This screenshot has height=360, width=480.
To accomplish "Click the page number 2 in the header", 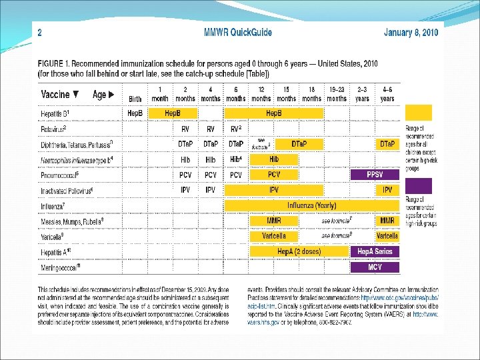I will pyautogui.click(x=40, y=31).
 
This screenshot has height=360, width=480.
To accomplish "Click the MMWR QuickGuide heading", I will pyautogui.click(x=237, y=31).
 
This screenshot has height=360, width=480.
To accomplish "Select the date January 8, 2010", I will pyautogui.click(x=411, y=32).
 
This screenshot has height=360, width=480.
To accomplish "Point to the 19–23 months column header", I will pyautogui.click(x=337, y=94).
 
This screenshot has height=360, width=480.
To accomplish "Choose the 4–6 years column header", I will pyautogui.click(x=387, y=94).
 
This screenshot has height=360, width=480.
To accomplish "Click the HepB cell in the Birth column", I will pyautogui.click(x=135, y=113).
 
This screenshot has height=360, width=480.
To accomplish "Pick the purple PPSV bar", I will pyautogui.click(x=375, y=175).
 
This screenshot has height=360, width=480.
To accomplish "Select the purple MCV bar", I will pyautogui.click(x=375, y=267).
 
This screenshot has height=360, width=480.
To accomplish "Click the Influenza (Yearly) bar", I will pyautogui.click(x=311, y=205).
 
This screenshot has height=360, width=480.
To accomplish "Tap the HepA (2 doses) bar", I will pyautogui.click(x=299, y=251).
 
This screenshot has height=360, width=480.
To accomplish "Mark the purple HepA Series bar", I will pyautogui.click(x=375, y=251).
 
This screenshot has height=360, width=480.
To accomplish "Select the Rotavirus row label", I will pyautogui.click(x=54, y=129).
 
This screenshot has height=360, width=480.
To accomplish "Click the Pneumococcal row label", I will pyautogui.click(x=60, y=175).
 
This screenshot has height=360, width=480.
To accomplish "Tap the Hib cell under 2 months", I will pyautogui.click(x=185, y=159).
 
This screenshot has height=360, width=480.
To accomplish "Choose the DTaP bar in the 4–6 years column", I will pyautogui.click(x=387, y=144).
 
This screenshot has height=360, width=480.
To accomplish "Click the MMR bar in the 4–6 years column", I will pyautogui.click(x=387, y=221).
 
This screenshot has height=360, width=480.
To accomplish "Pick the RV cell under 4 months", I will pyautogui.click(x=211, y=129).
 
